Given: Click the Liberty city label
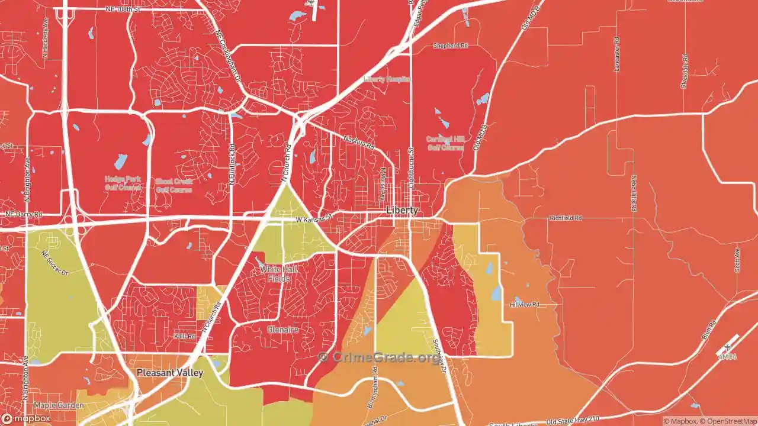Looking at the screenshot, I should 402,211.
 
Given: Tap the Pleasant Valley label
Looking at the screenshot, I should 169,373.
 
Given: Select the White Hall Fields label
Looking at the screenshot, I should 279,273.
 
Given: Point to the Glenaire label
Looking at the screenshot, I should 282,329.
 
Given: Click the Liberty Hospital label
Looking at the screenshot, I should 387,79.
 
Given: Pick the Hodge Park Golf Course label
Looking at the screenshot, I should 123,183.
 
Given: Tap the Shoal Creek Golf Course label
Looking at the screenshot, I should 174,186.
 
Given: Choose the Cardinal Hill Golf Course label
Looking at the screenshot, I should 445,143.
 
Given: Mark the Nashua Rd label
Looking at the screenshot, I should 359,142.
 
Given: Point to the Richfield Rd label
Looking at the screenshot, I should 566,218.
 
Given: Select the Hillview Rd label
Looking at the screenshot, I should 525,305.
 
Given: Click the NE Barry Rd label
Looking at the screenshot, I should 24,214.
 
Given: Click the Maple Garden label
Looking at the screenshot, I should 59,405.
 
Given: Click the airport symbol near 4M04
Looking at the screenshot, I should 727,346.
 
